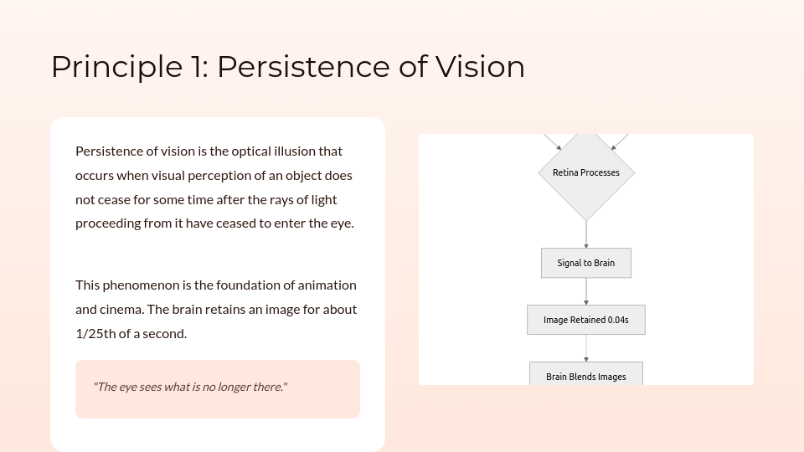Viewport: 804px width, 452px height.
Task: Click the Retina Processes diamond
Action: [586, 172]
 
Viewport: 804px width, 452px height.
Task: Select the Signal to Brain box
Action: [586, 263]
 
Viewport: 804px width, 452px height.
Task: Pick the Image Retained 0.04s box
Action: [586, 320]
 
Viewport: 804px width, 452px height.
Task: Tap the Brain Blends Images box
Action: [586, 376]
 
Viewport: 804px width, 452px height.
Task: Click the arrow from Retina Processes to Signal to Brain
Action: [586, 234]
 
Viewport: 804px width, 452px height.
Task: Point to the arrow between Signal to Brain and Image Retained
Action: [586, 291]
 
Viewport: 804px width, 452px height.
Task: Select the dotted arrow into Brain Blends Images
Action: [586, 348]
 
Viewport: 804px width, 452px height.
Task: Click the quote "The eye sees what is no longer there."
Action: [190, 387]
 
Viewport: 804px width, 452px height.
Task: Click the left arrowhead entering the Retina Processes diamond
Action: [559, 147]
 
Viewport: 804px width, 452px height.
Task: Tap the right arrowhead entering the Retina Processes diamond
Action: [614, 147]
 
